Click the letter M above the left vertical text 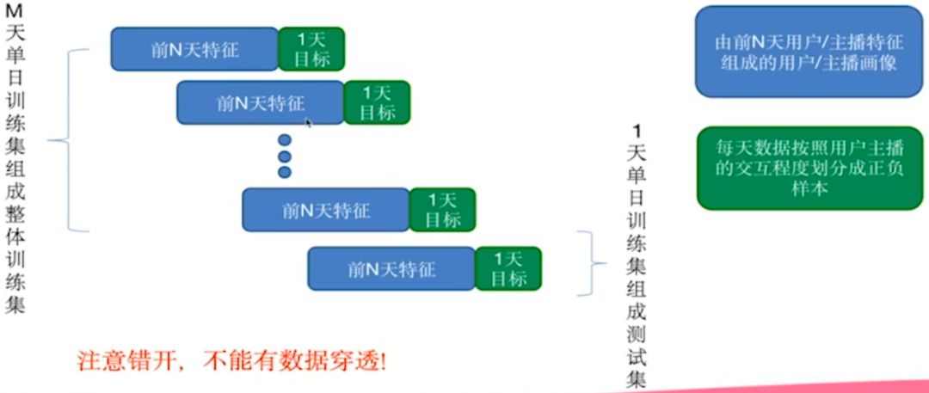[x=14, y=13]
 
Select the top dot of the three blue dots [x=285, y=140]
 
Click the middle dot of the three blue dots [x=285, y=157]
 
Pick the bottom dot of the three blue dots [x=285, y=172]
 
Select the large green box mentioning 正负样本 [x=809, y=167]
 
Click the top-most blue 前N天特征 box [x=194, y=49]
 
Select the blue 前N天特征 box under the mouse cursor [x=260, y=103]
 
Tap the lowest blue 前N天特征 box [x=391, y=268]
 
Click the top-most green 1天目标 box [x=311, y=49]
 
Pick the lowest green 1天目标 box [x=508, y=268]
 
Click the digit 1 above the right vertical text [x=637, y=132]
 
